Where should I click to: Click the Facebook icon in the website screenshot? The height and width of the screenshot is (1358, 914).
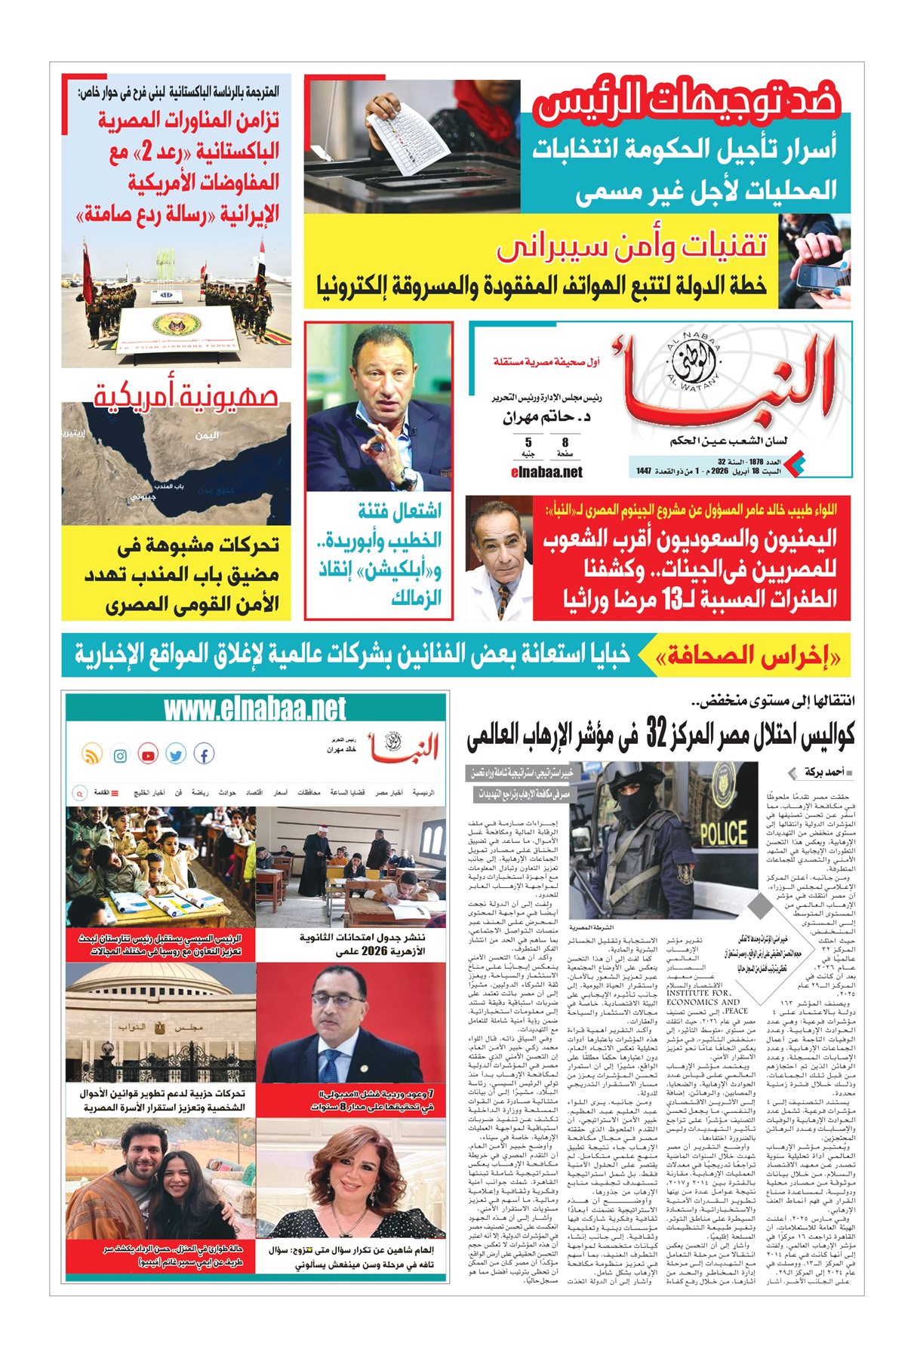[x=204, y=754]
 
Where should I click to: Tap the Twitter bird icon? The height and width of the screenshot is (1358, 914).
[x=176, y=754]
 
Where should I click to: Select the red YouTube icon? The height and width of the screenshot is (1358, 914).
[x=148, y=754]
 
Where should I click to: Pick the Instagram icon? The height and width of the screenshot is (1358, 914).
[x=120, y=754]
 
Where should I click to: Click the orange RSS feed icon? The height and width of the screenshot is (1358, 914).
[x=91, y=754]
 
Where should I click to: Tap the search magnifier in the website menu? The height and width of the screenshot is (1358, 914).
[x=78, y=793]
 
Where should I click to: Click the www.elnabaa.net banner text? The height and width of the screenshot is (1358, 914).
[x=255, y=709]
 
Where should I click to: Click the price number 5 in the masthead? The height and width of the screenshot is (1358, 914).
[x=528, y=443]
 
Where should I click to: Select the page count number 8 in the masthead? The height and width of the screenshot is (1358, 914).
[x=565, y=443]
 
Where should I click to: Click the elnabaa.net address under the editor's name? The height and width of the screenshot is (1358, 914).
[x=547, y=472]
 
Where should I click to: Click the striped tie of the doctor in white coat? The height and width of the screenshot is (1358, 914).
[x=503, y=601]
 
